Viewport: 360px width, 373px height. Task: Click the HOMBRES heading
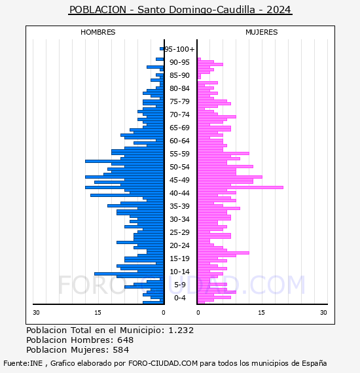(98, 32)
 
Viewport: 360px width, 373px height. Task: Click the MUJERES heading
(262, 32)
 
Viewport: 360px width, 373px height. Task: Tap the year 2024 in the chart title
(279, 10)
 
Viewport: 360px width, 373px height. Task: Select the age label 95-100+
(179, 49)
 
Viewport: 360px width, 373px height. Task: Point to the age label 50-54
(179, 167)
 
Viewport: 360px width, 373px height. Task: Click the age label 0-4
(179, 298)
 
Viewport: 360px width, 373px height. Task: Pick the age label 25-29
(179, 232)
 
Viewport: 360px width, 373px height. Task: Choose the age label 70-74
(179, 115)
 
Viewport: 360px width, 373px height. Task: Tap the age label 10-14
(179, 272)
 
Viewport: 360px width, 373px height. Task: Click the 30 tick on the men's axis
(36, 312)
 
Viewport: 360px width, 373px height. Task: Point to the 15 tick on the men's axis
(98, 312)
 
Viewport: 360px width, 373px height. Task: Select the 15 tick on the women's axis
(261, 312)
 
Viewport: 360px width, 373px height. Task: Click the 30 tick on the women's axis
(323, 312)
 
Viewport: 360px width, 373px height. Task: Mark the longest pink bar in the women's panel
(240, 187)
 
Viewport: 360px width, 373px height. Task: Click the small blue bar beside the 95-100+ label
(162, 49)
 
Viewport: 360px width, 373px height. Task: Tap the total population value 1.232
(181, 330)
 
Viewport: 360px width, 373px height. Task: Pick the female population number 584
(120, 349)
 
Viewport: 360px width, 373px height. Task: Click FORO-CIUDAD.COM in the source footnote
(163, 363)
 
